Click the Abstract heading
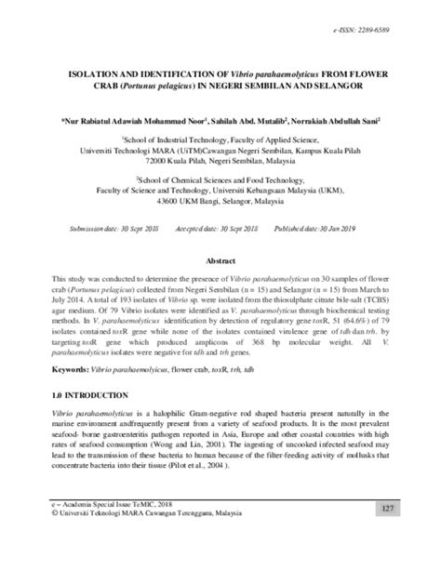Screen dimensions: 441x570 coord(221,262)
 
